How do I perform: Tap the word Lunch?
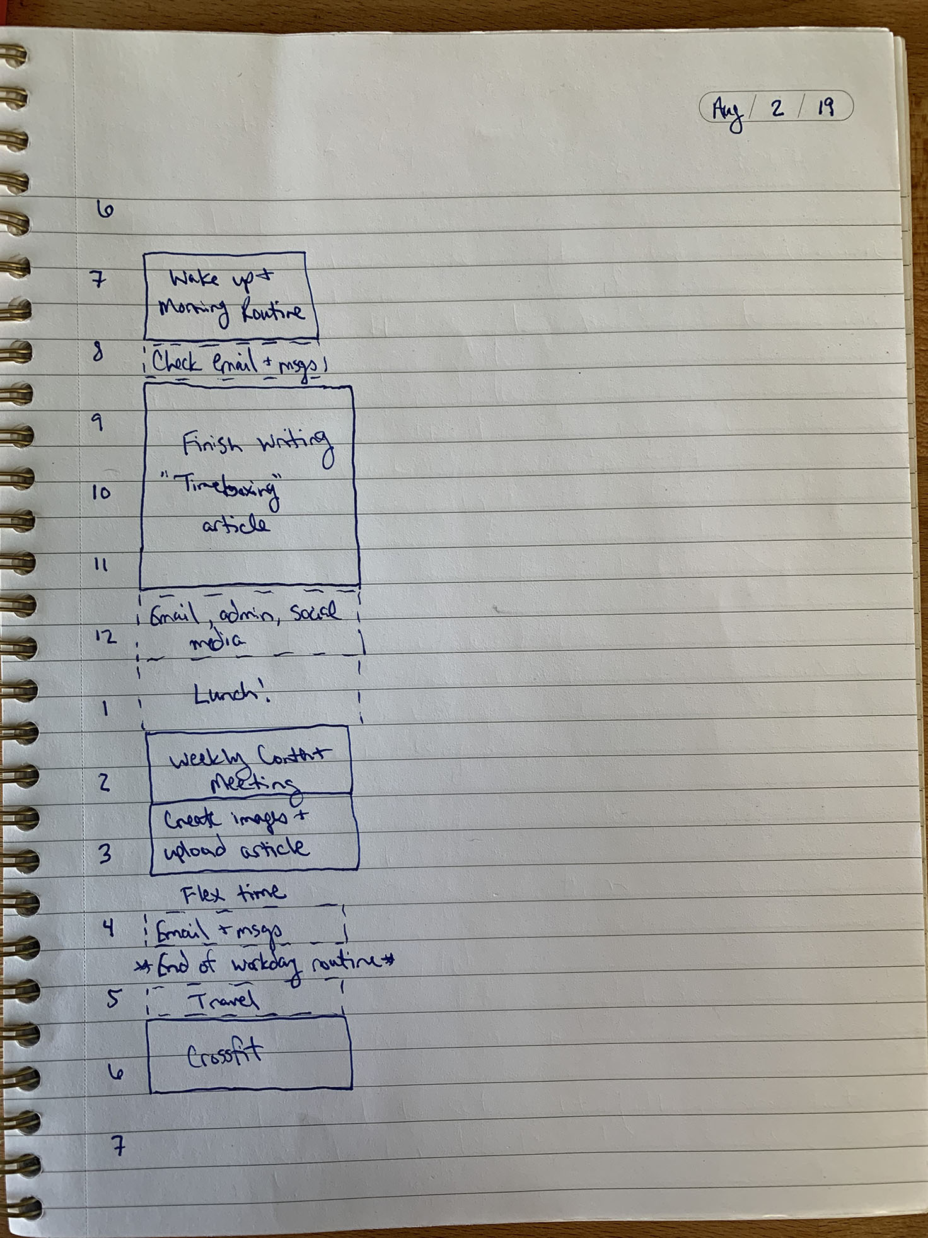point(231,695)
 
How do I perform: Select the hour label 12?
point(106,636)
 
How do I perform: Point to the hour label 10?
point(101,493)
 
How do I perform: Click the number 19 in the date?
point(825,108)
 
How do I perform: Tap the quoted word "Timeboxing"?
point(229,489)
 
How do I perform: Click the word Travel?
point(223,1000)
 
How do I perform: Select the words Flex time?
point(233,894)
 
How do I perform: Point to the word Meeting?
point(252,784)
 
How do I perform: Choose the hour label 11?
point(101,565)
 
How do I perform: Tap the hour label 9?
point(98,422)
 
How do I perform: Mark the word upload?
point(194,850)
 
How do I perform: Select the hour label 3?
point(105,853)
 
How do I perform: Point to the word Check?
point(177,363)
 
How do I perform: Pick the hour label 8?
point(98,351)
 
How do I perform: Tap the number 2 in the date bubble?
point(777,108)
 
